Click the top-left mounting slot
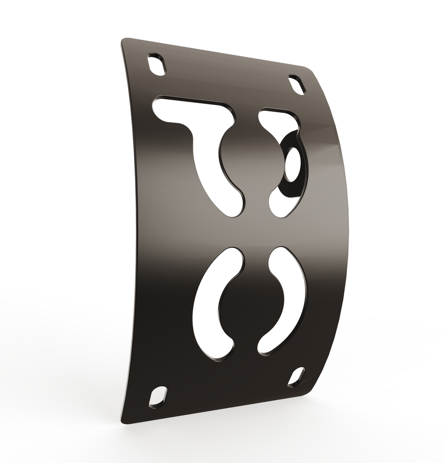tap(156, 65)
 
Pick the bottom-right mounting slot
tap(296, 377)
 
